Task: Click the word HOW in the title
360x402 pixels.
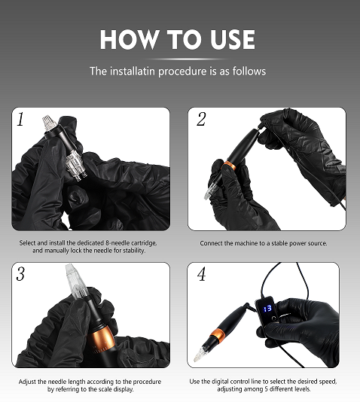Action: [x=129, y=39]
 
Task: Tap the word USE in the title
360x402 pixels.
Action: [x=233, y=39]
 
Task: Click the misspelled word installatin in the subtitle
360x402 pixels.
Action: [x=133, y=71]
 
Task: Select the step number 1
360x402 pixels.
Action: [x=20, y=119]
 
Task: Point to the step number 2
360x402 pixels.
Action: [x=201, y=119]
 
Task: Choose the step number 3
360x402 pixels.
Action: [x=20, y=273]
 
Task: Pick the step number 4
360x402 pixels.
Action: [x=202, y=274]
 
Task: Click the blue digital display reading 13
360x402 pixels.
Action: [x=267, y=308]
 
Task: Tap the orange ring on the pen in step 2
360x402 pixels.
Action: [x=230, y=166]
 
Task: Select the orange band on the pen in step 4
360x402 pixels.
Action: [x=218, y=335]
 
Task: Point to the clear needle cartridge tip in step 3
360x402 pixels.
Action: [x=75, y=280]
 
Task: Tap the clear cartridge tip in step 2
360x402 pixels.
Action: [x=209, y=191]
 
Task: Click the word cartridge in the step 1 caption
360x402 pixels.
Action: [x=143, y=243]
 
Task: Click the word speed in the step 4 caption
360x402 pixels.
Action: [x=328, y=382]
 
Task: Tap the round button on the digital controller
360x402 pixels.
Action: [x=274, y=318]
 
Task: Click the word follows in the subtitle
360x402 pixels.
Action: [x=249, y=71]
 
